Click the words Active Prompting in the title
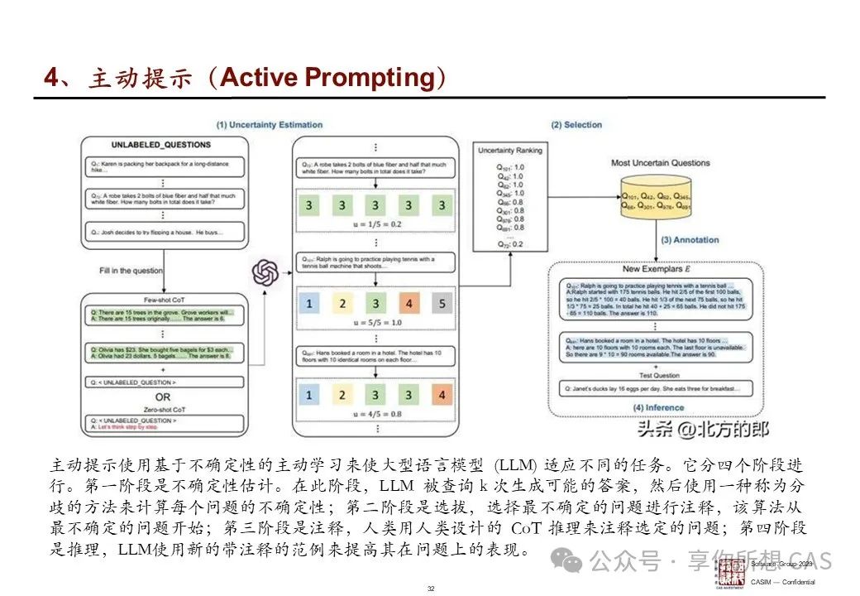327,78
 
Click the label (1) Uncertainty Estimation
270,125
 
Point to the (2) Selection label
576,125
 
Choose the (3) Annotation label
690,240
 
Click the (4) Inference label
659,407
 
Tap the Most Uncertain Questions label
660,163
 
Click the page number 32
430,588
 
